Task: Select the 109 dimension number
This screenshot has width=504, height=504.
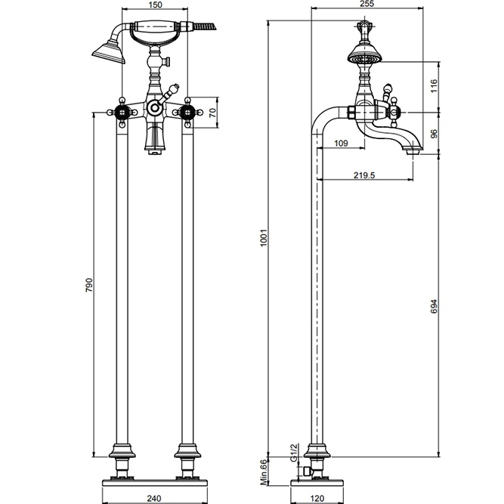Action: click(x=341, y=143)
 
